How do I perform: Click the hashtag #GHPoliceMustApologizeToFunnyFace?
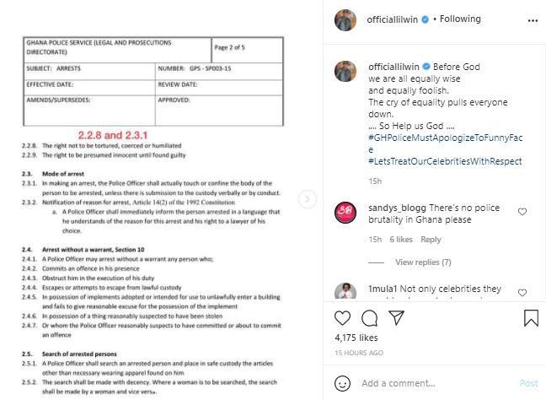pyautogui.click(x=447, y=138)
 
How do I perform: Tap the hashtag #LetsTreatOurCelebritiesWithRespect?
pyautogui.click(x=445, y=161)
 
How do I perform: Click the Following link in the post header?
pyautogui.click(x=459, y=19)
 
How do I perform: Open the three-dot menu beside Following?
pyautogui.click(x=532, y=19)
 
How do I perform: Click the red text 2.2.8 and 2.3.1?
pyautogui.click(x=113, y=135)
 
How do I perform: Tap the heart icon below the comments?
pyautogui.click(x=343, y=318)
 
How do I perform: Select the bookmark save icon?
pyautogui.click(x=531, y=318)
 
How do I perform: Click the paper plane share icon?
pyautogui.click(x=396, y=318)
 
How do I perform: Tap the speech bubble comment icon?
pyautogui.click(x=369, y=318)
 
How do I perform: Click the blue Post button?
pyautogui.click(x=528, y=383)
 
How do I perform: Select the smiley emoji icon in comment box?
pyautogui.click(x=343, y=383)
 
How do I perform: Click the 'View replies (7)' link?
pyautogui.click(x=422, y=262)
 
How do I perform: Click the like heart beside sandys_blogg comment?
pyautogui.click(x=522, y=212)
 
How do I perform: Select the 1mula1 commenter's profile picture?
pyautogui.click(x=345, y=292)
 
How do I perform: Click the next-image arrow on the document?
pyautogui.click(x=308, y=199)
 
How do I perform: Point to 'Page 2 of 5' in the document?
pyautogui.click(x=229, y=48)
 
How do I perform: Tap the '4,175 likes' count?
pyautogui.click(x=356, y=338)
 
